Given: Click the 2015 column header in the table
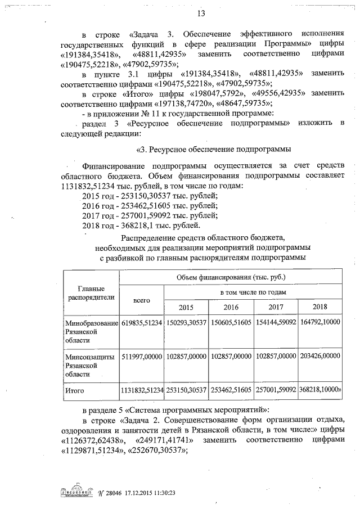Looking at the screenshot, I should (x=186, y=307).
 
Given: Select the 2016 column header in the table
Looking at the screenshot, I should (x=231, y=307).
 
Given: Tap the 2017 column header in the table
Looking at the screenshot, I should (x=276, y=307).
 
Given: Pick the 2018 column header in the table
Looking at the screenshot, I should (x=319, y=307).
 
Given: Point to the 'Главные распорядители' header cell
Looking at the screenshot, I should (x=91, y=292).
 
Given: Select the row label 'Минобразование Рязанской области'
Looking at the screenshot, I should (x=91, y=332).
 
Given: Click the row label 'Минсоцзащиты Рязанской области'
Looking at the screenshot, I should (x=91, y=364).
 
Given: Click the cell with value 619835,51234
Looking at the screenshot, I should (x=141, y=323).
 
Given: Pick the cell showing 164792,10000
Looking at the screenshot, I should (x=319, y=323).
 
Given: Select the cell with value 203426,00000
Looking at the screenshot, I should (x=319, y=356).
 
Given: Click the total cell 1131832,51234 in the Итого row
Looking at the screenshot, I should (x=141, y=389).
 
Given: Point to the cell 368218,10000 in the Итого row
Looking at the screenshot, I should (x=319, y=389).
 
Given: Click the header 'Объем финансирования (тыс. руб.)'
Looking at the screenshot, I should (x=231, y=277).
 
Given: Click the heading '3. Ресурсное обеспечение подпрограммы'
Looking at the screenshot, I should (x=214, y=150).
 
